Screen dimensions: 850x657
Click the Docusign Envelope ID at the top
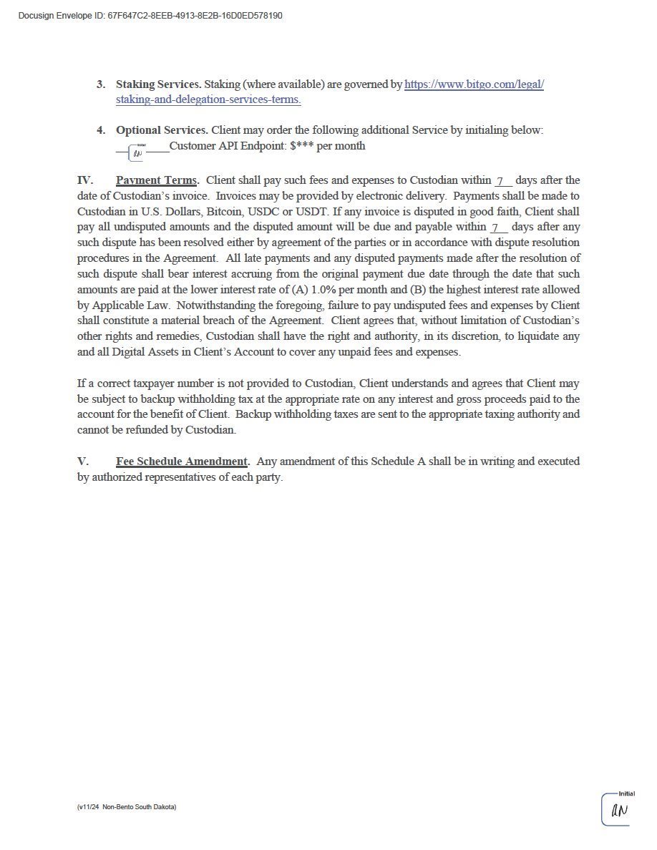coord(150,16)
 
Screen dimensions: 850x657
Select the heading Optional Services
coord(162,130)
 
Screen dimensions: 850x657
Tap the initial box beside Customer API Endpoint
coord(137,152)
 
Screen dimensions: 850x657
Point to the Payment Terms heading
coord(157,180)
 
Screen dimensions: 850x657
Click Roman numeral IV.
coord(84,180)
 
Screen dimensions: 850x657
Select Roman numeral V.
coord(82,461)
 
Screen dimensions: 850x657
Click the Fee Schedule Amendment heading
coord(182,461)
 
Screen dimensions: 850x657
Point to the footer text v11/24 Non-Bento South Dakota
coord(127,807)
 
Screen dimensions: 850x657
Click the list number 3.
coord(100,84)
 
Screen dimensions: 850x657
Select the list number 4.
coord(100,130)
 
